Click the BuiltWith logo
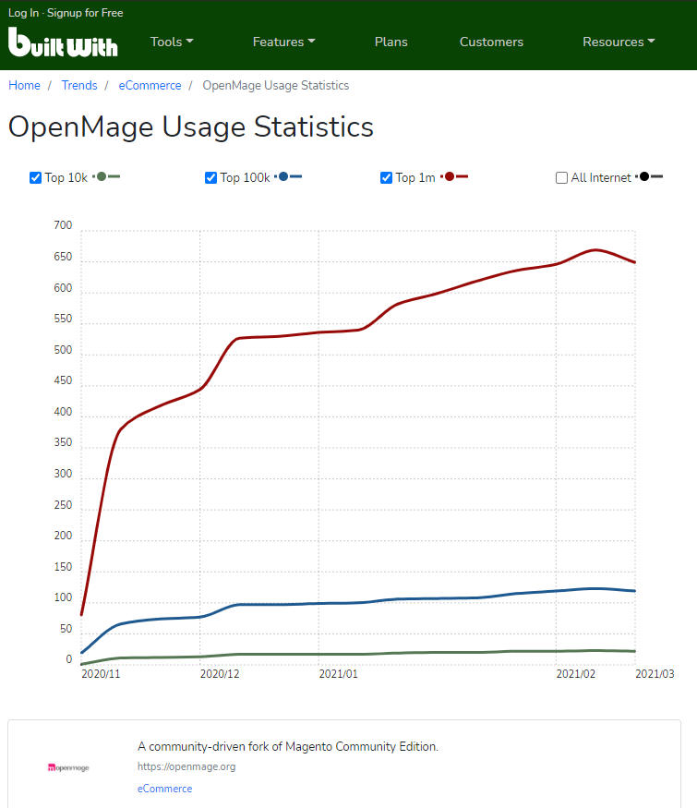pyautogui.click(x=63, y=42)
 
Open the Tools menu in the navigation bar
pyautogui.click(x=172, y=42)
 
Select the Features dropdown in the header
pyautogui.click(x=283, y=42)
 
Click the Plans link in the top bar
pyautogui.click(x=391, y=42)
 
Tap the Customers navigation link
pyautogui.click(x=491, y=42)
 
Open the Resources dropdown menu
pyautogui.click(x=619, y=42)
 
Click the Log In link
pyautogui.click(x=24, y=13)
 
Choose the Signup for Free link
pyautogui.click(x=85, y=13)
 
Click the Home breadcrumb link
pyautogui.click(x=24, y=85)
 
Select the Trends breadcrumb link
pyautogui.click(x=79, y=85)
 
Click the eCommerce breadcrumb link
pyautogui.click(x=150, y=85)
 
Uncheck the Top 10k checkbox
pyautogui.click(x=36, y=177)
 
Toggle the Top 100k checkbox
pyautogui.click(x=211, y=177)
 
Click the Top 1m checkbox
pyautogui.click(x=387, y=177)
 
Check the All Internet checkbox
pyautogui.click(x=561, y=177)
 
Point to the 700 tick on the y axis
pyautogui.click(x=63, y=225)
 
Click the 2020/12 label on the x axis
pyautogui.click(x=220, y=674)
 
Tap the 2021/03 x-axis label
pyautogui.click(x=655, y=674)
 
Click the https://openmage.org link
pyautogui.click(x=186, y=766)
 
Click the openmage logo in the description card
pyautogui.click(x=68, y=767)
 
